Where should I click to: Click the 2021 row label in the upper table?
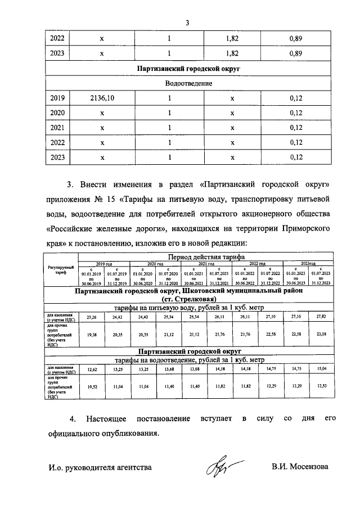(x=57, y=128)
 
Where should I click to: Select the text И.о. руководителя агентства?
(x=100, y=467)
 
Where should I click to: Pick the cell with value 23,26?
(x=91, y=318)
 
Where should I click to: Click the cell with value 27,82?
(x=321, y=318)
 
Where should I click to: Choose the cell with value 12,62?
(x=91, y=369)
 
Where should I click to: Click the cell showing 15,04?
(x=321, y=369)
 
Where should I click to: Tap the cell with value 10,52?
(x=91, y=388)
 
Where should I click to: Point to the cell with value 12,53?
(x=321, y=388)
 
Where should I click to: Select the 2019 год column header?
(x=103, y=263)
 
